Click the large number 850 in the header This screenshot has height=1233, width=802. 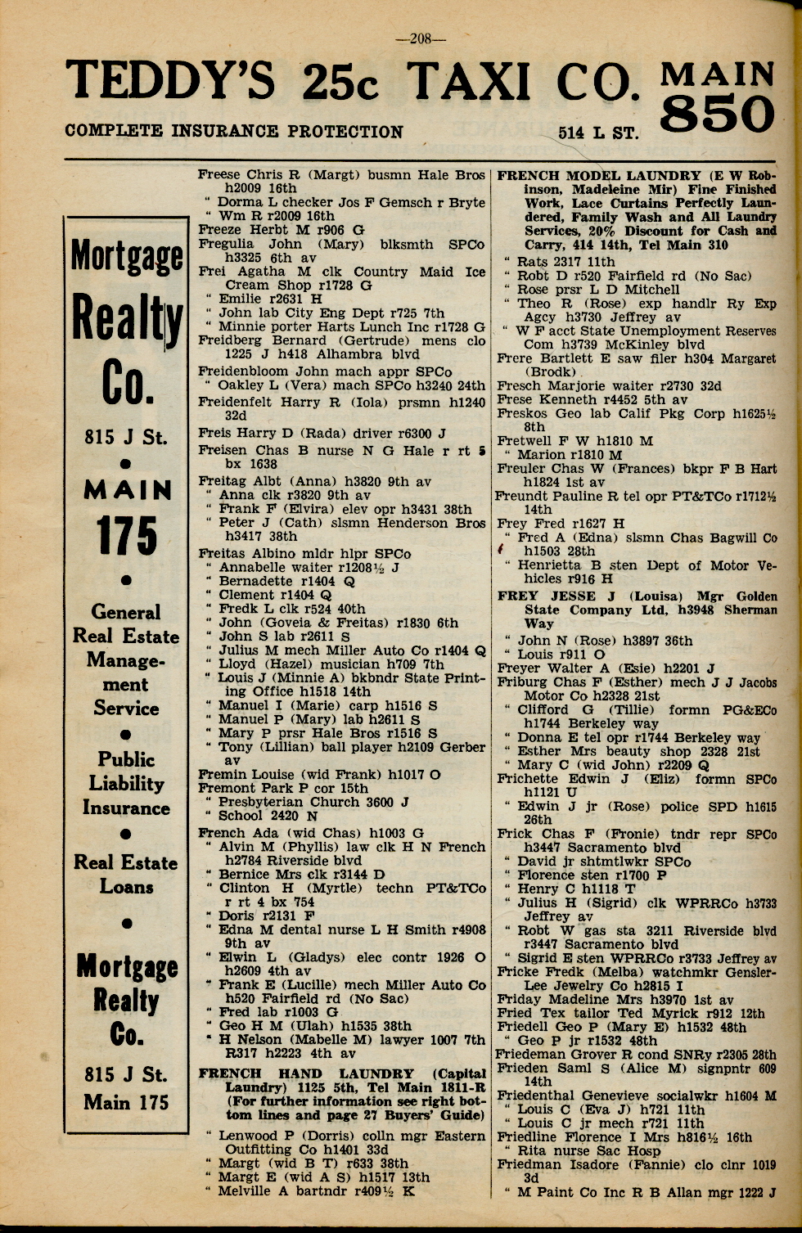point(717,115)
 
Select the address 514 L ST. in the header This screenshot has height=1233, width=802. point(598,133)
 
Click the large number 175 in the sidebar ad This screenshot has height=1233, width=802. point(126,536)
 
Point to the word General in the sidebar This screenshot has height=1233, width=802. point(126,612)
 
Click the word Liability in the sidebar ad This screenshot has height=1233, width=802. point(126,784)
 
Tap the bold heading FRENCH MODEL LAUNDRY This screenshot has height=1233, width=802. point(599,175)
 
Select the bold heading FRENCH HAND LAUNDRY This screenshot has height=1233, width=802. point(307,1073)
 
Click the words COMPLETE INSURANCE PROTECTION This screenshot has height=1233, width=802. point(233,131)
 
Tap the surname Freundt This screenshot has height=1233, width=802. point(525,496)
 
